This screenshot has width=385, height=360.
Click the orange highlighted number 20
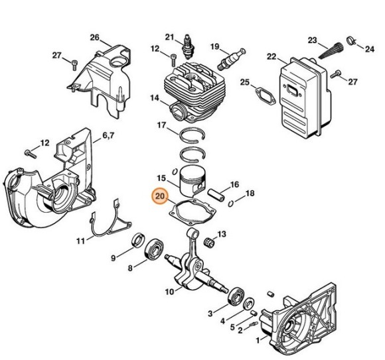pyautogui.click(x=160, y=196)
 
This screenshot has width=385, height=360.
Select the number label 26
pyautogui.click(x=94, y=36)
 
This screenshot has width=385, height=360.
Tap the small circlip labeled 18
pyautogui.click(x=231, y=197)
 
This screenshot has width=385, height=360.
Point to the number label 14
pyautogui.click(x=154, y=99)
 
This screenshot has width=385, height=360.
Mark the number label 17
pyautogui.click(x=161, y=125)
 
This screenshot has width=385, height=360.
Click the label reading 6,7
pyautogui.click(x=108, y=137)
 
